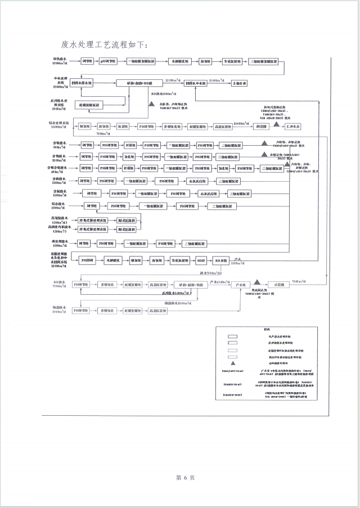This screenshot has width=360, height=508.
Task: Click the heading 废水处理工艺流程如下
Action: point(105,44)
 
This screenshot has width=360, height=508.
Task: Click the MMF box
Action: point(201,260)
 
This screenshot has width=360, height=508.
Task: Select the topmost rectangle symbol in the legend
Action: point(232,336)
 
